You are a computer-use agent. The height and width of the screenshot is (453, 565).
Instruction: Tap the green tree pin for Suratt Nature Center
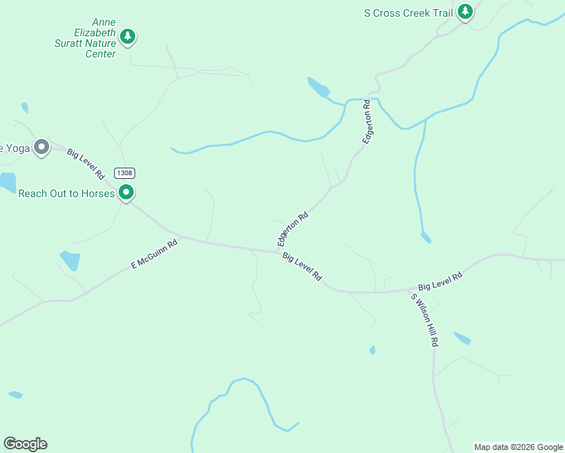click(128, 35)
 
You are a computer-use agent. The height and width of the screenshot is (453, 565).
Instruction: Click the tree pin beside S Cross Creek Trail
click(466, 11)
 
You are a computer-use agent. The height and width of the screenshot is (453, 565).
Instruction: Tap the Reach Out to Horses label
click(66, 193)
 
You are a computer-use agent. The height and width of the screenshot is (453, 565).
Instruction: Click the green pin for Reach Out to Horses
click(127, 193)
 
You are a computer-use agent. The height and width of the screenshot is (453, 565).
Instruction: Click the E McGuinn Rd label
click(154, 254)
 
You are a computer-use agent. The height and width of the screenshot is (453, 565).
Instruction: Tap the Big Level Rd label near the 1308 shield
click(85, 163)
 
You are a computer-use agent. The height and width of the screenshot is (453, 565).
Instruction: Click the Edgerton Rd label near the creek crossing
click(368, 122)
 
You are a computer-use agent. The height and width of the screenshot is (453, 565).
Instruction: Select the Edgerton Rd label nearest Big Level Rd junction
click(293, 228)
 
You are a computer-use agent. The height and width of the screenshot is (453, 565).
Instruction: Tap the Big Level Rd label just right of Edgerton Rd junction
click(302, 267)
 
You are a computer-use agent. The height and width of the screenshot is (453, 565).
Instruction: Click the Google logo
click(25, 444)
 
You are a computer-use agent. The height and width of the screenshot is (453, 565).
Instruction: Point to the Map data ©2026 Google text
click(517, 447)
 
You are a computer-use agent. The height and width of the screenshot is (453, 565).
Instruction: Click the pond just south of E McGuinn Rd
click(69, 260)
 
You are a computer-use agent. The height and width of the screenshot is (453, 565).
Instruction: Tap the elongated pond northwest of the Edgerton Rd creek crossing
click(318, 88)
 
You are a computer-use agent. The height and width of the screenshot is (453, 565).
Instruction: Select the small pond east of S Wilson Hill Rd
click(462, 337)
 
